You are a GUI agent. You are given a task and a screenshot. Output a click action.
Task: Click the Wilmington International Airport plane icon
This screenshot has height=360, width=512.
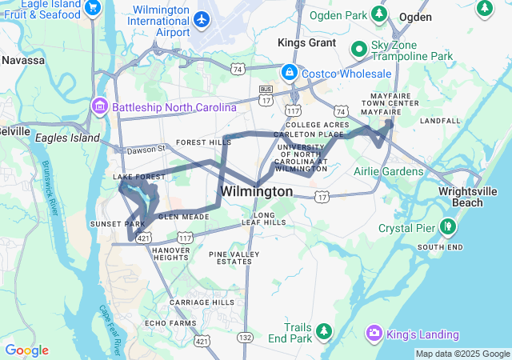[x=201, y=18]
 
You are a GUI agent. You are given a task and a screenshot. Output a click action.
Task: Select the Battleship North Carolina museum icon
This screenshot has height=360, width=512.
[x=101, y=106]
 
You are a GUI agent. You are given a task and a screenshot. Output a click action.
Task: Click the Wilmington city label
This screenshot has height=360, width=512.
[x=256, y=192]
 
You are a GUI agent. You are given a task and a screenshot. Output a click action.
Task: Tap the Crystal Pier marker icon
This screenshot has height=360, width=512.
[x=450, y=226]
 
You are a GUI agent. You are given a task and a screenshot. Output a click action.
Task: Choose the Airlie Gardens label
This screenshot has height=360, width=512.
[x=390, y=171]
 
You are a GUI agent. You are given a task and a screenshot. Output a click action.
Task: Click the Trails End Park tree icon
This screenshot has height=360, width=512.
[x=324, y=330]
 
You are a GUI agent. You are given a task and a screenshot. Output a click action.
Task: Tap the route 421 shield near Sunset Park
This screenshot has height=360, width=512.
[x=144, y=238]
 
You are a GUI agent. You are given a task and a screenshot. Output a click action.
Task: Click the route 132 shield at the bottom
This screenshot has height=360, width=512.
[x=245, y=339]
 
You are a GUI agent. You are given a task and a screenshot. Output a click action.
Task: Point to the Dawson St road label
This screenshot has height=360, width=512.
[x=145, y=149]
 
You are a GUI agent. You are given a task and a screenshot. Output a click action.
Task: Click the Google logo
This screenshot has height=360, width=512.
[x=26, y=350]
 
